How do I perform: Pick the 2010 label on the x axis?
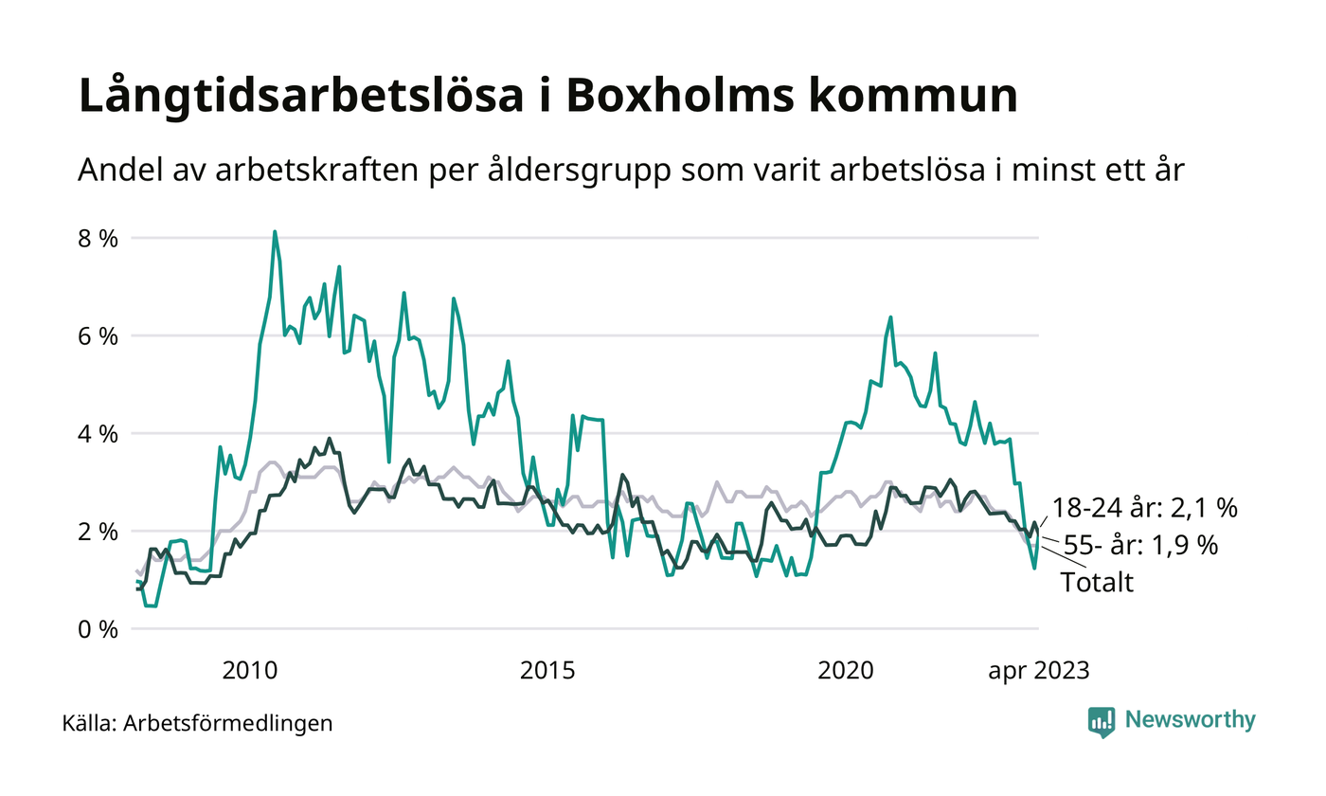coord(249,671)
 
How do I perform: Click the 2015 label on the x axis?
coord(548,671)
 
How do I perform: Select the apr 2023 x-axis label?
coord(1039,671)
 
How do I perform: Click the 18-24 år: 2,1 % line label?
coord(1144,509)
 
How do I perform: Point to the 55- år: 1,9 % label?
coord(1140,545)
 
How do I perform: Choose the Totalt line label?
coord(1097,582)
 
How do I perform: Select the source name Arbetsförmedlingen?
coord(228,724)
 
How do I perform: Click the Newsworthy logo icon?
coord(1102,721)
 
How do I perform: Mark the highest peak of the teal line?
coord(275,231)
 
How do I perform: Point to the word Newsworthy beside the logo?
coord(1191,720)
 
